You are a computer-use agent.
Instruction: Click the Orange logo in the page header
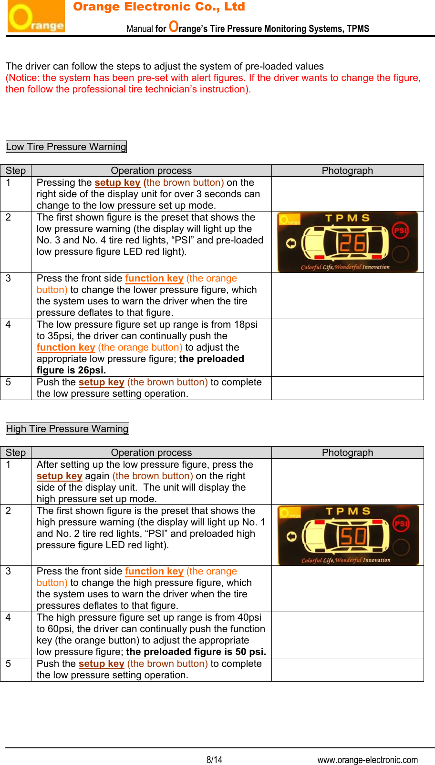click(x=36, y=17)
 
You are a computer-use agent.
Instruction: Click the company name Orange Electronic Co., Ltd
click(x=159, y=7)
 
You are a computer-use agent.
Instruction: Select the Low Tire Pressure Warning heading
click(x=66, y=147)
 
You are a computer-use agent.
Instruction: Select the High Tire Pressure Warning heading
click(x=67, y=429)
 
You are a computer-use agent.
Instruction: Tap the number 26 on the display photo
click(x=352, y=243)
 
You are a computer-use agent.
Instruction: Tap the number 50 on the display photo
click(x=353, y=536)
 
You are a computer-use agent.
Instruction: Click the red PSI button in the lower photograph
click(x=401, y=523)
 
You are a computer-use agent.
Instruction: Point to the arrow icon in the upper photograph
click(x=291, y=244)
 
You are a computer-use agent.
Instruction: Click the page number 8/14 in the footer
click(x=214, y=760)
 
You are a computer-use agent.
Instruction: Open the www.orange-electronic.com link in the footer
click(x=367, y=760)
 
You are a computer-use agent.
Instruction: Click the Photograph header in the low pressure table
click(x=347, y=171)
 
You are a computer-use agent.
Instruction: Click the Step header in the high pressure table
click(x=16, y=453)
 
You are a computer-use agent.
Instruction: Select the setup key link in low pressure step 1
click(x=117, y=182)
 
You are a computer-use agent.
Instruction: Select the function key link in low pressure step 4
click(x=66, y=347)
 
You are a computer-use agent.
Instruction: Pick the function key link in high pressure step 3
click(x=154, y=571)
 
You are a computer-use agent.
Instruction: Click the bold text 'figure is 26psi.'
click(x=71, y=370)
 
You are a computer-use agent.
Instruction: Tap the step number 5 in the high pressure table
click(x=8, y=664)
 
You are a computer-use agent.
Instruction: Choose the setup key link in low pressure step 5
click(x=101, y=382)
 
